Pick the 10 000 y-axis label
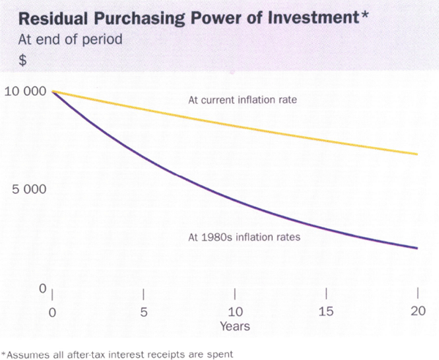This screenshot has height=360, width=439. pyautogui.click(x=23, y=91)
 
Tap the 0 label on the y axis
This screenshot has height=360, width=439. pyautogui.click(x=42, y=288)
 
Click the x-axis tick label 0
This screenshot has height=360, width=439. pyautogui.click(x=52, y=311)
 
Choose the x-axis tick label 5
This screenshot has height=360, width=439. pyautogui.click(x=143, y=311)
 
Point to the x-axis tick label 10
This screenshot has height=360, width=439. pyautogui.click(x=234, y=311)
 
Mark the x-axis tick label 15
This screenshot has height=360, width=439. pyautogui.click(x=326, y=311)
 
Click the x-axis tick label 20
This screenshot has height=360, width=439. pyautogui.click(x=416, y=311)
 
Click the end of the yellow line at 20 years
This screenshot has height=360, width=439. pyautogui.click(x=417, y=154)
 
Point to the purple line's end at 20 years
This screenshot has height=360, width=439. pyautogui.click(x=417, y=248)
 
